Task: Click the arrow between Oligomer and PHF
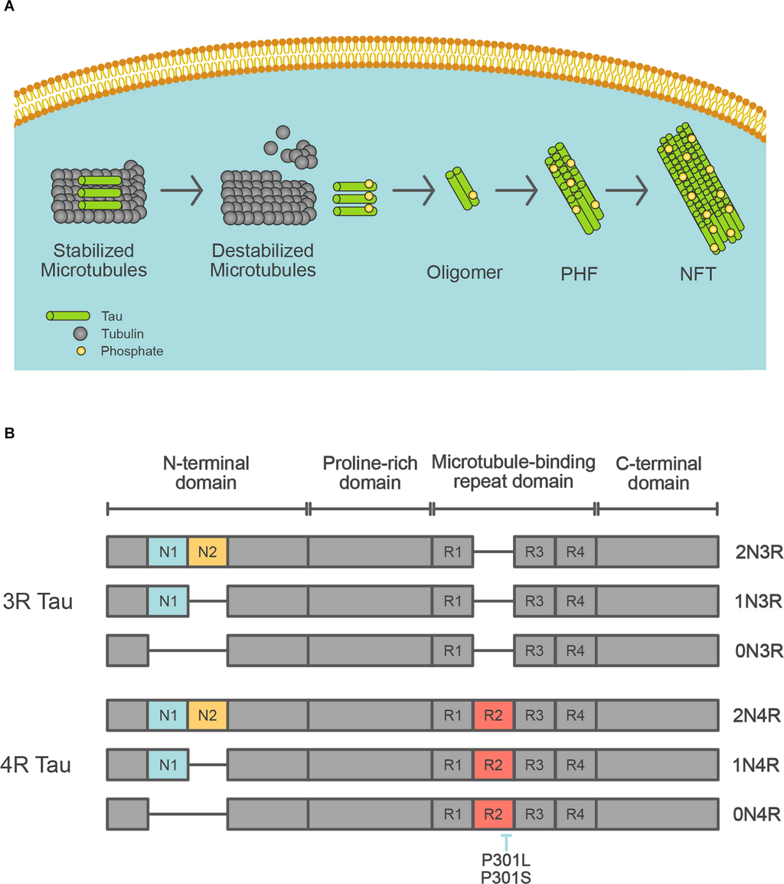(x=516, y=191)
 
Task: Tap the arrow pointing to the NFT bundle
(x=627, y=191)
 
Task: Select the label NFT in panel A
(x=697, y=274)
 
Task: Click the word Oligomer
(x=465, y=273)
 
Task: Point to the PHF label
(x=579, y=274)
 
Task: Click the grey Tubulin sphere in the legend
(x=80, y=334)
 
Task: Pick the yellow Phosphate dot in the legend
(x=81, y=352)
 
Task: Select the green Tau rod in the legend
(x=67, y=316)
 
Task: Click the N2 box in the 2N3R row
(x=207, y=552)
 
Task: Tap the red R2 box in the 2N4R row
(x=493, y=715)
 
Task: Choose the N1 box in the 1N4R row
(x=168, y=765)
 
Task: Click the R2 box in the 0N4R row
(x=493, y=814)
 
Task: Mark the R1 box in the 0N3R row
(x=452, y=650)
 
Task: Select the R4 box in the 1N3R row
(x=576, y=601)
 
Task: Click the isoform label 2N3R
(x=759, y=552)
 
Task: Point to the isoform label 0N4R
(x=757, y=814)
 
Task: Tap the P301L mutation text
(x=505, y=860)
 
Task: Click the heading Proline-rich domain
(x=370, y=473)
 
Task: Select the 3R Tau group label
(x=38, y=601)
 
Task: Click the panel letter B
(x=9, y=433)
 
